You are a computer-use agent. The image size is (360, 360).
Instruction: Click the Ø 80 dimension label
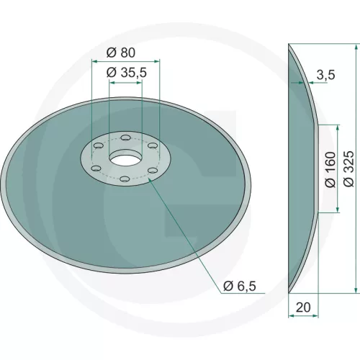pyautogui.click(x=121, y=53)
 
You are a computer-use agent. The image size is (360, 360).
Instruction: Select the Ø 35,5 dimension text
pyautogui.click(x=126, y=73)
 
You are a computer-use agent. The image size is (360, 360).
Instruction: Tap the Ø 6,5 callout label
pyautogui.click(x=240, y=286)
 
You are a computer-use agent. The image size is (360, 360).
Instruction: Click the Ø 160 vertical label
pyautogui.click(x=330, y=169)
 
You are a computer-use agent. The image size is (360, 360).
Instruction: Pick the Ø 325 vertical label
pyautogui.click(x=348, y=168)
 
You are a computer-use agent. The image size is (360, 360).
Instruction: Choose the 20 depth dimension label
pyautogui.click(x=303, y=307)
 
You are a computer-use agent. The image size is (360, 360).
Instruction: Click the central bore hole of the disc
pyautogui.click(x=125, y=160)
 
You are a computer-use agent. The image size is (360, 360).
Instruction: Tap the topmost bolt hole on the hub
pyautogui.click(x=125, y=138)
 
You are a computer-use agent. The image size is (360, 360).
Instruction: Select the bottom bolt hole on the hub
pyautogui.click(x=125, y=179)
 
